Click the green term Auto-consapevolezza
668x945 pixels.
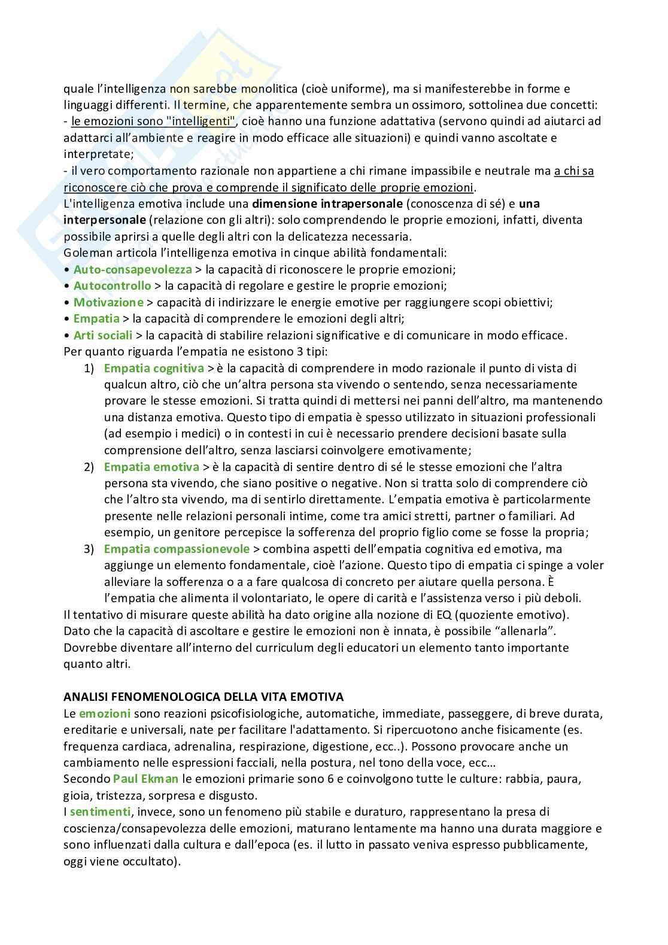132,269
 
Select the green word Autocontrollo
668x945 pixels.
112,285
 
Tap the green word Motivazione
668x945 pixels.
108,302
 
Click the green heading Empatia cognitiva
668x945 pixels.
154,368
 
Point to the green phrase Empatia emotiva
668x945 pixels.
151,466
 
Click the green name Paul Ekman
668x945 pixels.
145,779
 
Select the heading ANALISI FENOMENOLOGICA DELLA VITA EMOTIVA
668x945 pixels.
204,697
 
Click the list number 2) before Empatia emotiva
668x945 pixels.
89,466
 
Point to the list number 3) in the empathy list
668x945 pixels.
89,548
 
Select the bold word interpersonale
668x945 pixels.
105,220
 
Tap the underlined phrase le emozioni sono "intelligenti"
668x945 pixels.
153,121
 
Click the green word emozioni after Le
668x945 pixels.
105,713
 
